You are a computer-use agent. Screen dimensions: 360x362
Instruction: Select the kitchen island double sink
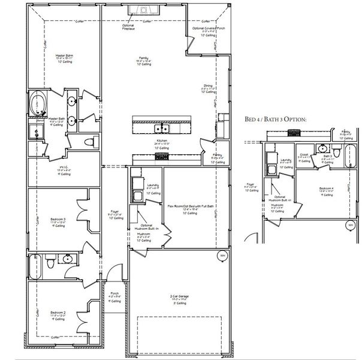pos(161,128)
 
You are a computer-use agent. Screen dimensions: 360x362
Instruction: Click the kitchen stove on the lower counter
pos(162,157)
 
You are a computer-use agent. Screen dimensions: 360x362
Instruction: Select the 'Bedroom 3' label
pos(58,219)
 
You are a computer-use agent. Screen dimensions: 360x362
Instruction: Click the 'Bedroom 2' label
pos(58,313)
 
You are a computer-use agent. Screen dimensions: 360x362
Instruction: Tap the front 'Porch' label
pos(114,294)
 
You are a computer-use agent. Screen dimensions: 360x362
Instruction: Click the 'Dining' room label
pos(208,85)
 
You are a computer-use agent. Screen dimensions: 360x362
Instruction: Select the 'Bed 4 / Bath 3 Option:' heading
pos(276,119)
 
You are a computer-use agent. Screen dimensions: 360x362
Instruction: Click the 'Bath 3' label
pos(327,155)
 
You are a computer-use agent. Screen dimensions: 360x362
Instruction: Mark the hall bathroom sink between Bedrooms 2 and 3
pos(68,259)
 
